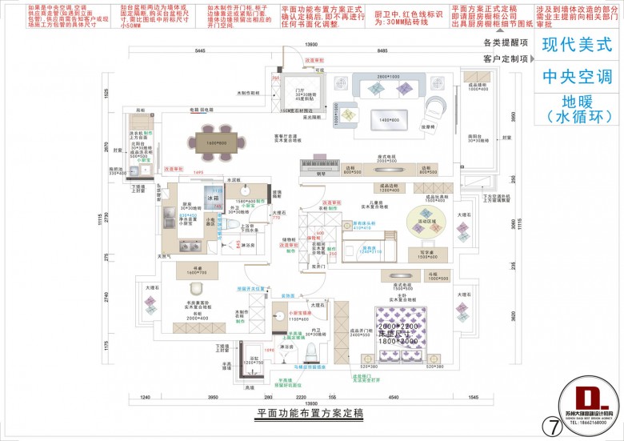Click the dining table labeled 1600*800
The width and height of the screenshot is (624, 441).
point(210,142)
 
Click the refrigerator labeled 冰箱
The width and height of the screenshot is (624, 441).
point(214,197)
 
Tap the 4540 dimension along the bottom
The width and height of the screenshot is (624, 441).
point(393,397)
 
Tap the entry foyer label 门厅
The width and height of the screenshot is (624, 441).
point(301,91)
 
